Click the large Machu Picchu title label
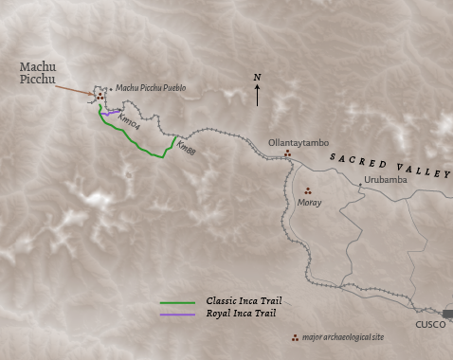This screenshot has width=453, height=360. click(38, 73)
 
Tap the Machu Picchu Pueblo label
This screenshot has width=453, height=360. click(151, 88)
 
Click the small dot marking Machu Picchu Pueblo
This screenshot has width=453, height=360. click(111, 89)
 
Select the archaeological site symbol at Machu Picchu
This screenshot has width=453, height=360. click(99, 95)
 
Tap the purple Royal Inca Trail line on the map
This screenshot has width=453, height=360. click(112, 114)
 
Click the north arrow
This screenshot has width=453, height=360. click(257, 95)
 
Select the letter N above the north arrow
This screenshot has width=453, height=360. click(257, 77)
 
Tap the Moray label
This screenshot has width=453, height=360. click(309, 203)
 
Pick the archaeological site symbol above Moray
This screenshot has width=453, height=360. click(307, 190)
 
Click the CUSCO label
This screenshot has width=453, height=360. click(430, 324)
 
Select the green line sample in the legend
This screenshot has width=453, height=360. click(180, 301)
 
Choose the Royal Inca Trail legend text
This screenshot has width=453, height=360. click(241, 313)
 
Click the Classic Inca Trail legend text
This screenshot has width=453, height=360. click(244, 301)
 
